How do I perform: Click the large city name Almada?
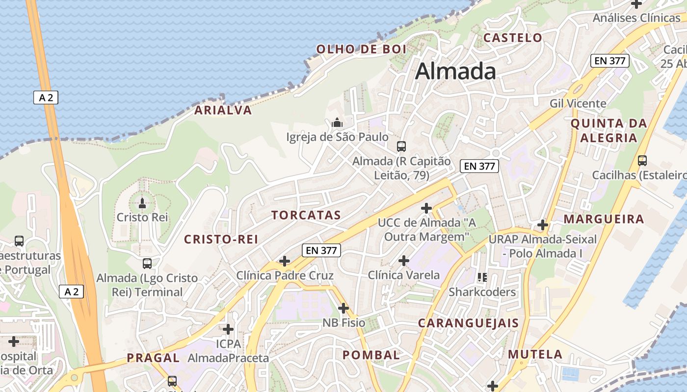(455, 72)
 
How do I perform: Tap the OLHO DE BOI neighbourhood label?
(361, 49)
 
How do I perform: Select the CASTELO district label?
(513, 38)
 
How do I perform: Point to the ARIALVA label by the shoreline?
(223, 110)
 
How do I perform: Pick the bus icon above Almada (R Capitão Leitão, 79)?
(401, 146)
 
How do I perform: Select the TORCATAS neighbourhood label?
(306, 215)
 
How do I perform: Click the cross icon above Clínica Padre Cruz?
(285, 261)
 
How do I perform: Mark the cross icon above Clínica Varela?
(404, 261)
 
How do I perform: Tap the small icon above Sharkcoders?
(482, 277)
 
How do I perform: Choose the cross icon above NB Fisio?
(343, 308)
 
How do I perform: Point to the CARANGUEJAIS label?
(468, 323)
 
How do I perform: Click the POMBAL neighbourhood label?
(371, 355)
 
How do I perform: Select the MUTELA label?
(535, 354)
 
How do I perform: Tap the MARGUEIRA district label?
(604, 219)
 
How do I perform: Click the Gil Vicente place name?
(578, 103)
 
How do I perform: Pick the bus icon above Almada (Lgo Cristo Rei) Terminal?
(147, 264)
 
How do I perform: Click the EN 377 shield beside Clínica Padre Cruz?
(321, 250)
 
